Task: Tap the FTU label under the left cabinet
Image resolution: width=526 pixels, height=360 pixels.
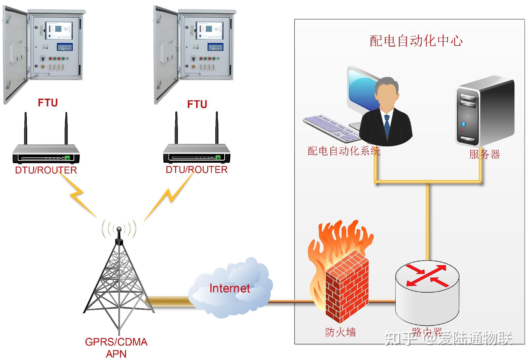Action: [x=48, y=103]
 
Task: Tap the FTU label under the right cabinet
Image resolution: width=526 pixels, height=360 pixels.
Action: [x=197, y=104]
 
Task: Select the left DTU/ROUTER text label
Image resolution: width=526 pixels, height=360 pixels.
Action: [x=46, y=170]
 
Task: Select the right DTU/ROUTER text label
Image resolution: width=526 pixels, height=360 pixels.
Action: [x=196, y=170]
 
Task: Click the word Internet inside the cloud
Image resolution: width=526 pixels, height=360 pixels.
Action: [x=230, y=288]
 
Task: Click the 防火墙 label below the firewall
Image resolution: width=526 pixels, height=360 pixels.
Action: [x=341, y=332]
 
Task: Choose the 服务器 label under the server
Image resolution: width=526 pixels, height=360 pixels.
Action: [x=484, y=155]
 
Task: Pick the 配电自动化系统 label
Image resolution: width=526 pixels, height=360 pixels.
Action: [x=344, y=151]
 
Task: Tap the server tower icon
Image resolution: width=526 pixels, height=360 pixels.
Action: [x=484, y=112]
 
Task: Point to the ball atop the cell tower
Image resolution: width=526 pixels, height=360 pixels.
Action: [x=119, y=229]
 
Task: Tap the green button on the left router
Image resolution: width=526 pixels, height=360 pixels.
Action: [x=67, y=158]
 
